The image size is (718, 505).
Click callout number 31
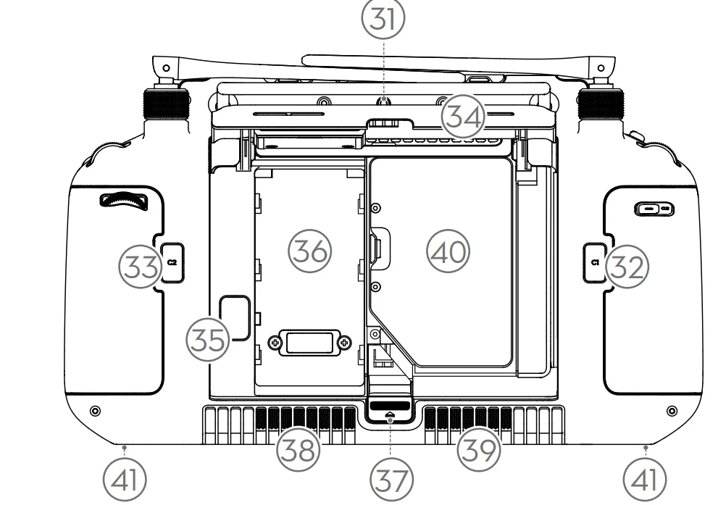pos(384,21)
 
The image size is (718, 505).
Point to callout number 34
pos(464,116)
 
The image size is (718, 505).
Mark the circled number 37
pos(388,478)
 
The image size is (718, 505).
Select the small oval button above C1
pos(654,209)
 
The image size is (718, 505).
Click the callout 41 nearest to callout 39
pos(644,479)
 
